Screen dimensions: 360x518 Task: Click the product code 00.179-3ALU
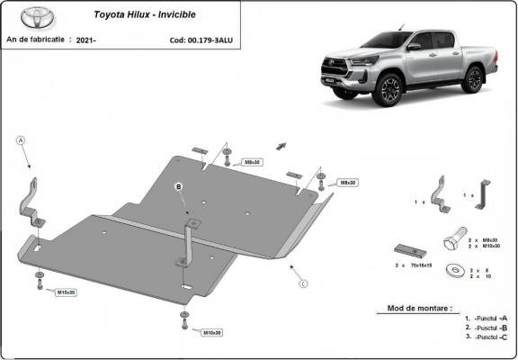pyautogui.click(x=198, y=40)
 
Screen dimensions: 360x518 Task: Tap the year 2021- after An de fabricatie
pyautogui.click(x=87, y=40)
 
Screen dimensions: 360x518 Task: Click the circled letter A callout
pyautogui.click(x=20, y=139)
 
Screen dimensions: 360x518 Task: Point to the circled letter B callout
pyautogui.click(x=178, y=186)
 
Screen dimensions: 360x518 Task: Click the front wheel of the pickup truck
pyautogui.click(x=389, y=90)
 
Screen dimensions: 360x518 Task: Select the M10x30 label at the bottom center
pyautogui.click(x=211, y=332)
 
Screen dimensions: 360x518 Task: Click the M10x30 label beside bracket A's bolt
pyautogui.click(x=67, y=292)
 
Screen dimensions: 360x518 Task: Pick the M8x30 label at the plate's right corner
pyautogui.click(x=347, y=183)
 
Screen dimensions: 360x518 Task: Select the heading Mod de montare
pyautogui.click(x=420, y=307)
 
